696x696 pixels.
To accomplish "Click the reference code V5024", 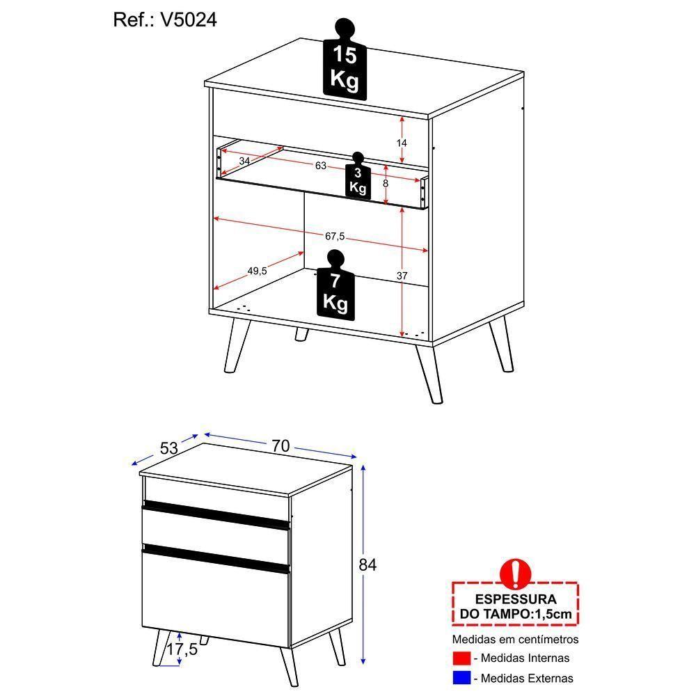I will [x=189, y=20].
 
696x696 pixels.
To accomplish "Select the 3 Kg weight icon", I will [x=358, y=180].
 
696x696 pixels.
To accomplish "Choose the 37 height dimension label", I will [x=402, y=276].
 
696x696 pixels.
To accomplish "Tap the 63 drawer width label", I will [x=321, y=166].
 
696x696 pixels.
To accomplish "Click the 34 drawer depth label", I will [x=244, y=161].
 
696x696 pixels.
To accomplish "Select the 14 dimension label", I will [x=402, y=143].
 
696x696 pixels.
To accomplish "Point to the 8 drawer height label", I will [x=386, y=184].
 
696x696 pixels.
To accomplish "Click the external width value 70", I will [x=280, y=446].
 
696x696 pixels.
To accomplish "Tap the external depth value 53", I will [x=169, y=448].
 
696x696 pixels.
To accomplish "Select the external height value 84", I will [x=367, y=565].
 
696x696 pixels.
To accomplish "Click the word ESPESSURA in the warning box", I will [x=515, y=599].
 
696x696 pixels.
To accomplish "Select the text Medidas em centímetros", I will [x=515, y=639].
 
